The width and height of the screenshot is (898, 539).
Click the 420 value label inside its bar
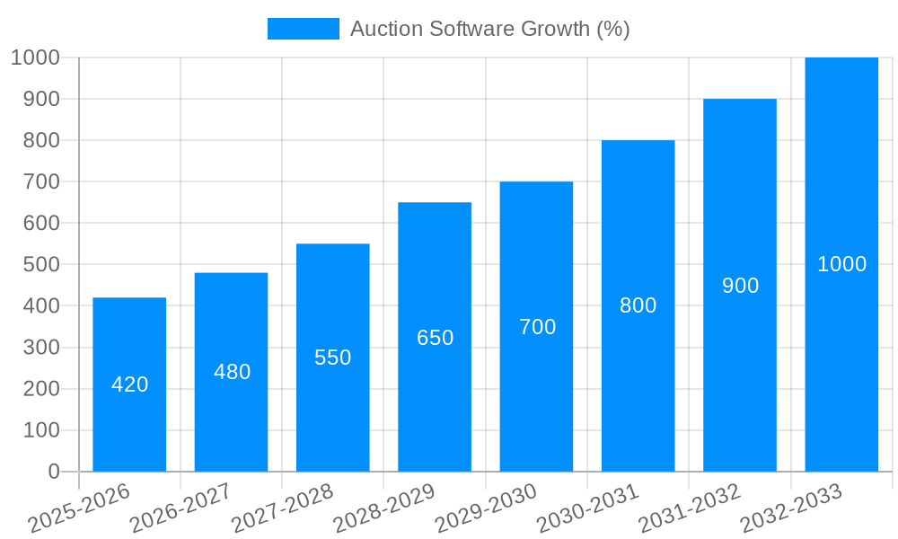129,384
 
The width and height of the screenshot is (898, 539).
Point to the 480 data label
232,372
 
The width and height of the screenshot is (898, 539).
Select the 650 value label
435,338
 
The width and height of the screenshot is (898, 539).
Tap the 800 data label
638,305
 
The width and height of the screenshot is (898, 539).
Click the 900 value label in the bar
740,286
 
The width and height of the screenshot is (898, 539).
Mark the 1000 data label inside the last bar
841,264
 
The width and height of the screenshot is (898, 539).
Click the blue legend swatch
304,29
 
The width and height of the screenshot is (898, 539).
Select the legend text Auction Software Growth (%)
489,29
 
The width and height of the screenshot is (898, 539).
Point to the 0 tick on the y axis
54,472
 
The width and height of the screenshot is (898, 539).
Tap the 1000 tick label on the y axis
35,57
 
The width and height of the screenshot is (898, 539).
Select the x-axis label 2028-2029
384,508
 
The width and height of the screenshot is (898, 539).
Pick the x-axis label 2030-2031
588,508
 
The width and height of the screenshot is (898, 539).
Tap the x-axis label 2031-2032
690,508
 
